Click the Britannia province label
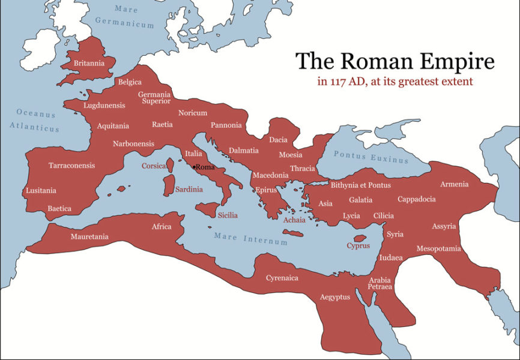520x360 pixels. [x=89, y=63]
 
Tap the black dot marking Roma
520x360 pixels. [x=193, y=167]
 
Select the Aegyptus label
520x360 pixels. [x=334, y=297]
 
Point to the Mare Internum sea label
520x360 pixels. [x=251, y=239]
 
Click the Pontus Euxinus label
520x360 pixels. [x=370, y=157]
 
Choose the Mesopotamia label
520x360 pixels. [x=438, y=248]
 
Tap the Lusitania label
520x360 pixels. [x=41, y=191]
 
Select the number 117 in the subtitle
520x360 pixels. [x=336, y=81]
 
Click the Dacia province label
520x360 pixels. [x=278, y=140]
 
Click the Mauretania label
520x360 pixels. [x=89, y=236]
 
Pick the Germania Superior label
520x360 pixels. [x=154, y=98]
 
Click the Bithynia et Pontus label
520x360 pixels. [x=360, y=185]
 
